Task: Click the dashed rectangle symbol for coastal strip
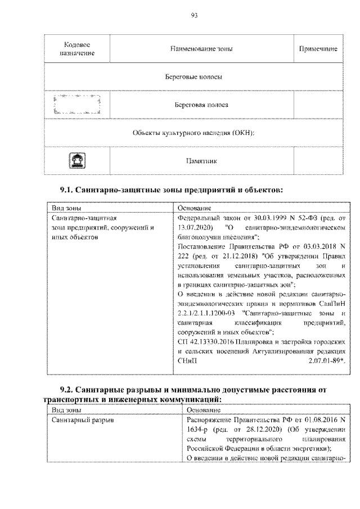coord(76,105)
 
